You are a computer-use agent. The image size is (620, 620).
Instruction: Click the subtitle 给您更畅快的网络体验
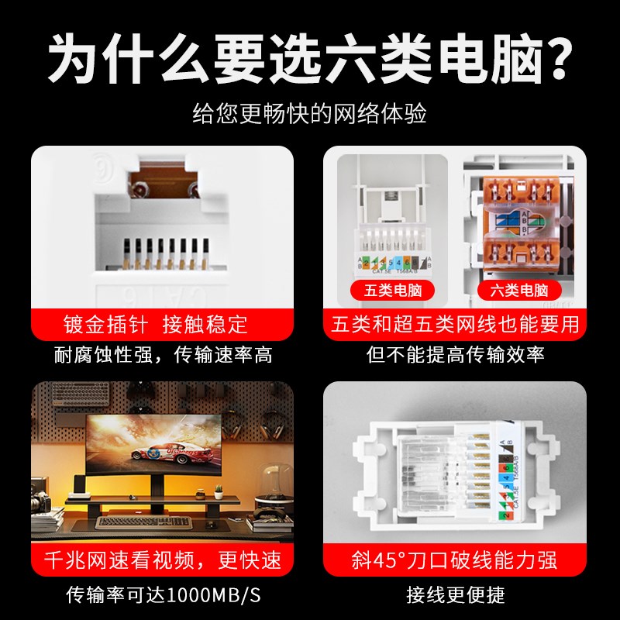click(309, 114)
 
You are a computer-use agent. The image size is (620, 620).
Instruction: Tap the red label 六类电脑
click(519, 291)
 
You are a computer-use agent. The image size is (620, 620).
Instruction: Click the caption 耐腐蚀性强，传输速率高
click(163, 356)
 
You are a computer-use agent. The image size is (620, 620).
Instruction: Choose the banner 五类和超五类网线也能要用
click(455, 324)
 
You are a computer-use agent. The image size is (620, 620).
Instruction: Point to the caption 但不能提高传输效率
click(455, 356)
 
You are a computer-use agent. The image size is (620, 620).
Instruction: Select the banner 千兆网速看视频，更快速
click(163, 560)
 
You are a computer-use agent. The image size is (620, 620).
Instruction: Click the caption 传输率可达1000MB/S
click(163, 595)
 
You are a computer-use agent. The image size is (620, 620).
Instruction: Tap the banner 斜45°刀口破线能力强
click(455, 560)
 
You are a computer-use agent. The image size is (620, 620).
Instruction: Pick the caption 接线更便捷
click(455, 595)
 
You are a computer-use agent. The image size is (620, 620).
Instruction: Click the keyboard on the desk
click(139, 522)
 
